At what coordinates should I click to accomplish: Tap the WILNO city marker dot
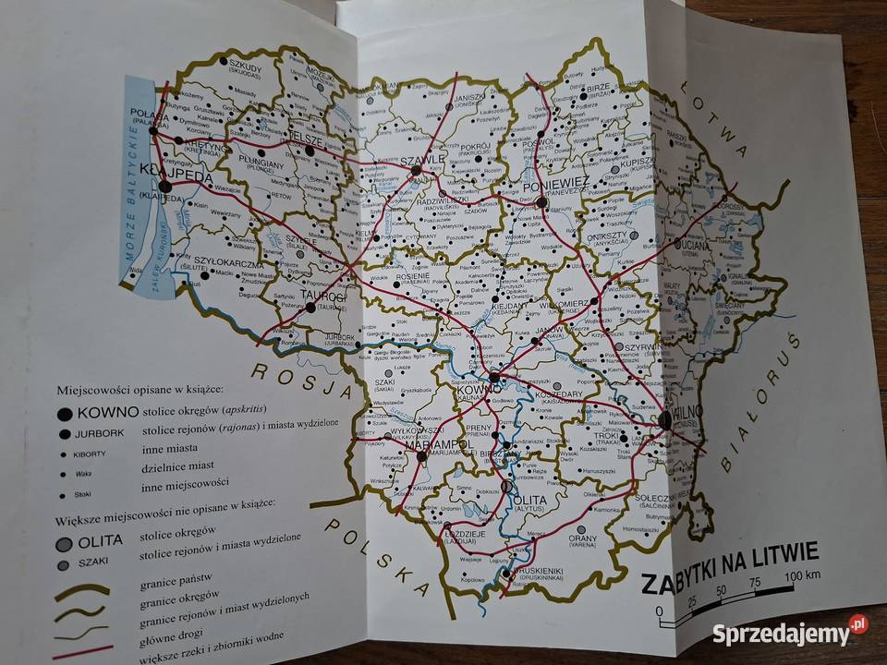pos(665,421)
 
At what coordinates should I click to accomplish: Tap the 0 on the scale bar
pos(660,611)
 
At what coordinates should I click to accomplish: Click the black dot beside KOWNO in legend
pos(64,415)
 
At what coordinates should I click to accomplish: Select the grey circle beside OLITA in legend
pos(64,543)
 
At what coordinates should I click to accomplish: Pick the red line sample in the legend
pos(79,651)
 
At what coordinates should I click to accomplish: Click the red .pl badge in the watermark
pos(858,624)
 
